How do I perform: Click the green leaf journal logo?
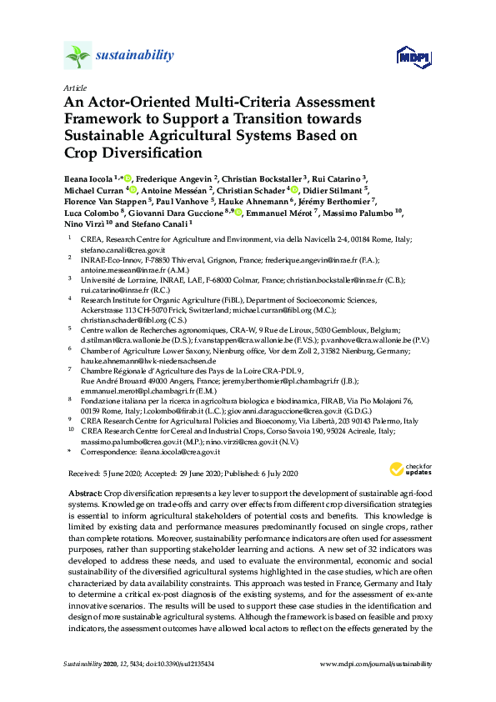click(78, 57)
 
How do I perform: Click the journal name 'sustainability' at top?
click(135, 56)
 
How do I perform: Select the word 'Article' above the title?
click(74, 88)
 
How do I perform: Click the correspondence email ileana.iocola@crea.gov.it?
click(178, 451)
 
